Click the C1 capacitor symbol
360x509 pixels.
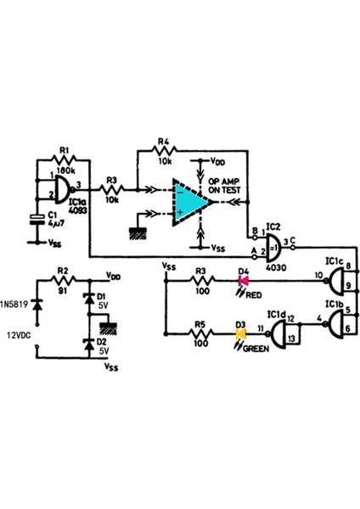coord(36,220)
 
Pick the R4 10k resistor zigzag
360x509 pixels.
coord(164,152)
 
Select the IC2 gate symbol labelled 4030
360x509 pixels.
coord(273,249)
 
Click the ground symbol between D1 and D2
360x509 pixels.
coord(109,327)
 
